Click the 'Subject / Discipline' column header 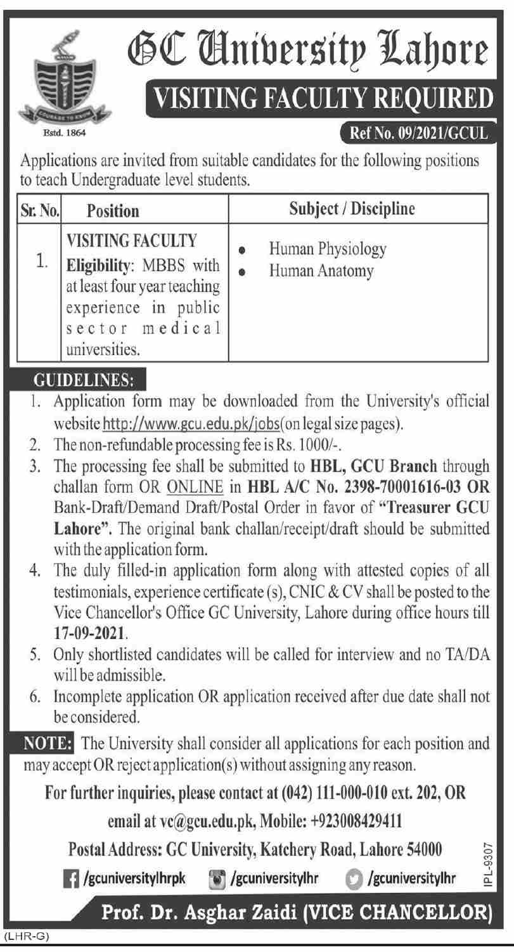pyautogui.click(x=352, y=209)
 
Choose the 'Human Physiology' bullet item pyautogui.click(x=327, y=249)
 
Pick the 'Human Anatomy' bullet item pyautogui.click(x=321, y=271)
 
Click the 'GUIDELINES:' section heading pyautogui.click(x=82, y=381)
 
